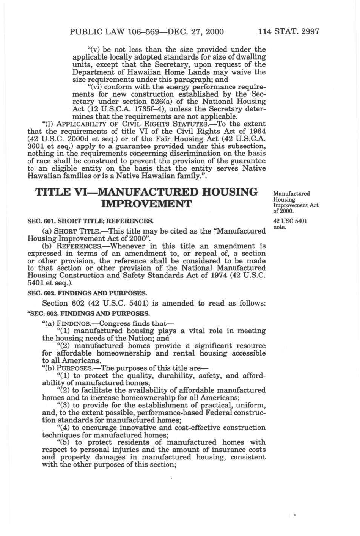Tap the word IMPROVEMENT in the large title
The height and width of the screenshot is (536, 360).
point(146,204)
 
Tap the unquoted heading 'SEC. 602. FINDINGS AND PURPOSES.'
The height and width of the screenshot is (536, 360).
point(87,293)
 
